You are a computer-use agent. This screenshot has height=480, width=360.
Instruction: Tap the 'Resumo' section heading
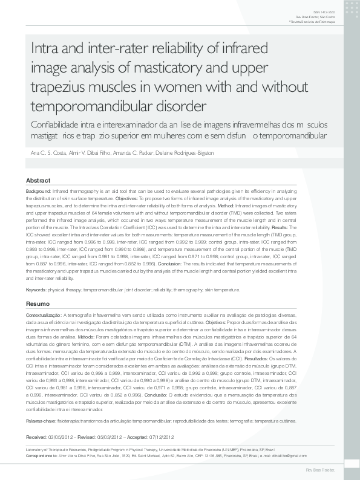click(38, 303)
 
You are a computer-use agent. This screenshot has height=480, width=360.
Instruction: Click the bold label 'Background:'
click(39, 191)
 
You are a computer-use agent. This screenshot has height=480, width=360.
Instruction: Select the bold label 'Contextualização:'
click(44, 316)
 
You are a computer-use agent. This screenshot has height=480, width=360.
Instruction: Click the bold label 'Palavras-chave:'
click(41, 419)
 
